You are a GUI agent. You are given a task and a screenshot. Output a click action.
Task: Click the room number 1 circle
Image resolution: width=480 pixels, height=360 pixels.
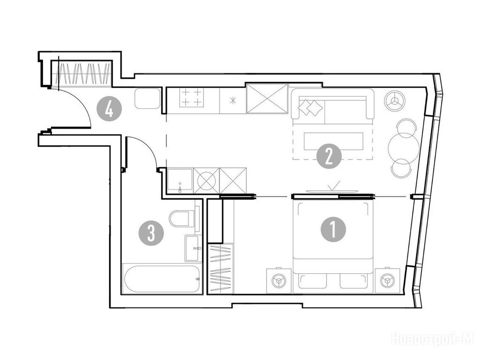(333, 230)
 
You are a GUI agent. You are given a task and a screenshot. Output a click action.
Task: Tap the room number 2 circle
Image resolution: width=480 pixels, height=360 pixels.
(329, 157)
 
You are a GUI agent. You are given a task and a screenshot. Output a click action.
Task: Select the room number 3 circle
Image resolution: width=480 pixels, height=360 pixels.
(151, 233)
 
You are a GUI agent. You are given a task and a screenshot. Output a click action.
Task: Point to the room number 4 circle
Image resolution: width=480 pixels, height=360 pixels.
(109, 109)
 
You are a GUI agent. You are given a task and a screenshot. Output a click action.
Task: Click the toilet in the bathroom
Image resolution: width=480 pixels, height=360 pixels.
(182, 218)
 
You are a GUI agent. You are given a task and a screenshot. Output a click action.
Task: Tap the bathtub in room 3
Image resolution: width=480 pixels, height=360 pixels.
(162, 279)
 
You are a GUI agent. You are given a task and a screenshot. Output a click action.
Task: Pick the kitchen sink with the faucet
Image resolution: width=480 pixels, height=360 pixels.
(180, 181)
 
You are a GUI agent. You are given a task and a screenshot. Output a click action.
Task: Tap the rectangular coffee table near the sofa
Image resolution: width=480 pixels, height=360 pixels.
(333, 141)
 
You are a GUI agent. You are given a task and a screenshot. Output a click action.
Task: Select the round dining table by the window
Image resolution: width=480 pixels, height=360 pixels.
(404, 147)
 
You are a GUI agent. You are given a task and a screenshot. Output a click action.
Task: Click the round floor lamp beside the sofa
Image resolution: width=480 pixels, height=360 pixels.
(395, 101)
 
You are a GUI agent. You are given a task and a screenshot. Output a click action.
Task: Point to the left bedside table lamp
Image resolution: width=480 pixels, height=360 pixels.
(279, 281)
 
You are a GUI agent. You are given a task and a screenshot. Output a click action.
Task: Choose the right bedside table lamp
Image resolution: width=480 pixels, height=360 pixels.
(388, 281)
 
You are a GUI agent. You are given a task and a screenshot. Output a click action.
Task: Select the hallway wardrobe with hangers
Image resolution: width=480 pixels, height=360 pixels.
(82, 74)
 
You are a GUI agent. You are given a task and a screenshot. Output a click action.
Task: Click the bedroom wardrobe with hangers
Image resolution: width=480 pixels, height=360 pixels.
(221, 269)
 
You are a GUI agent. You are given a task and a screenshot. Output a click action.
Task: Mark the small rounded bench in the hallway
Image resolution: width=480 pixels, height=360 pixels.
(148, 98)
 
